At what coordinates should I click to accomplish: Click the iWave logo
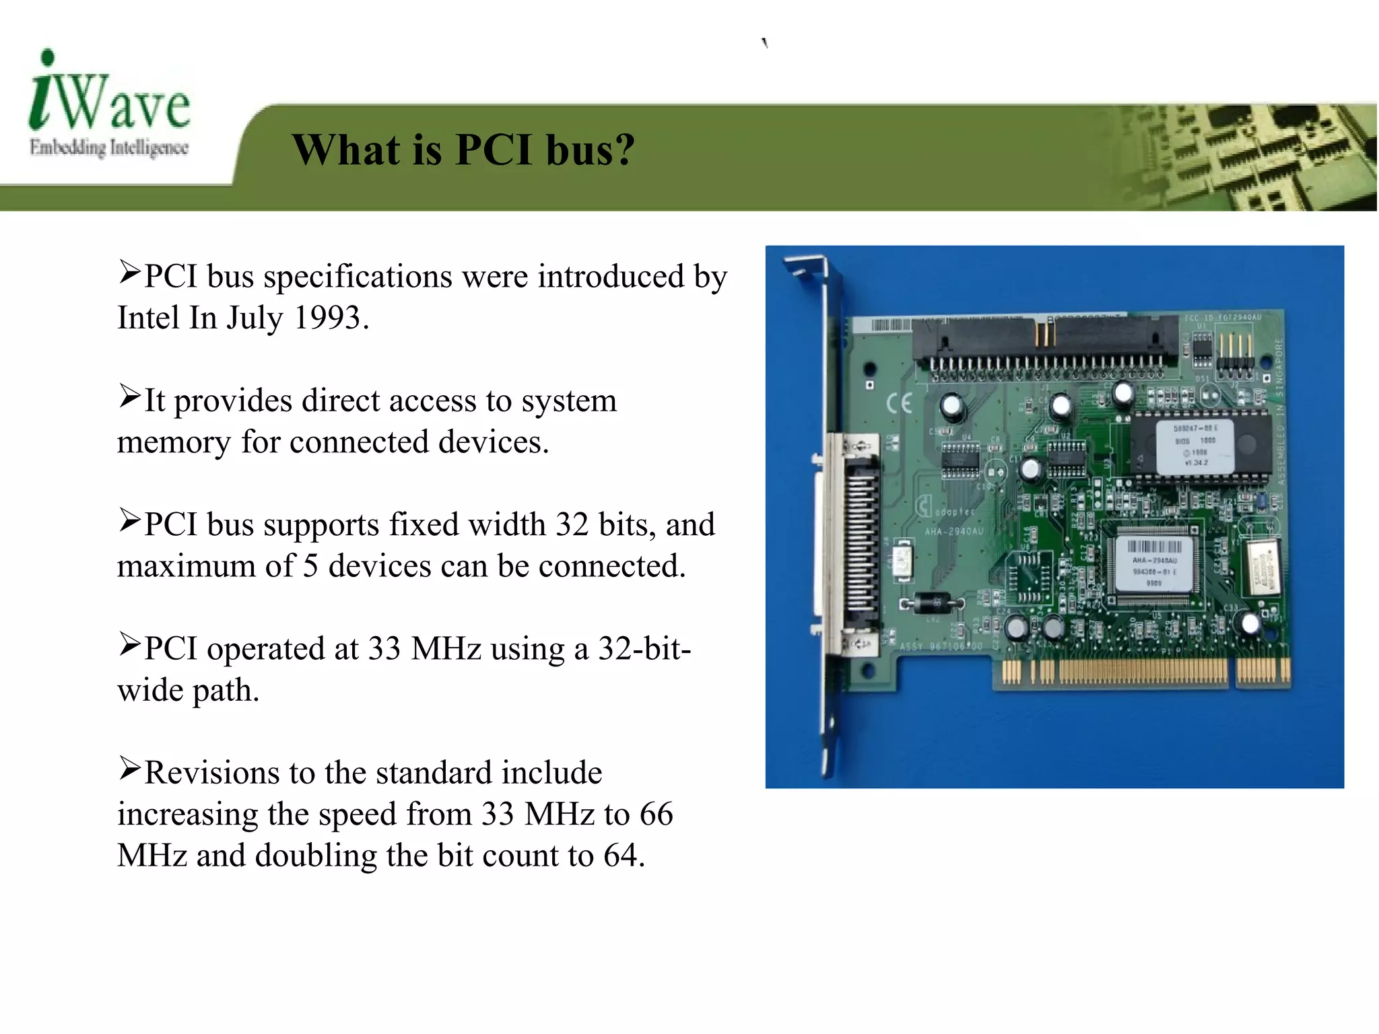pyautogui.click(x=109, y=94)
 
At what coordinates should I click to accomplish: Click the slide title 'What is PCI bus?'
pyautogui.click(x=463, y=149)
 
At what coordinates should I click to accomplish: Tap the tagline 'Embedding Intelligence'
pyautogui.click(x=109, y=147)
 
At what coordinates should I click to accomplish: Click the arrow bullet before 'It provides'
pyautogui.click(x=129, y=397)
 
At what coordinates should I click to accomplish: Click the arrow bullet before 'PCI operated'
pyautogui.click(x=129, y=644)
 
